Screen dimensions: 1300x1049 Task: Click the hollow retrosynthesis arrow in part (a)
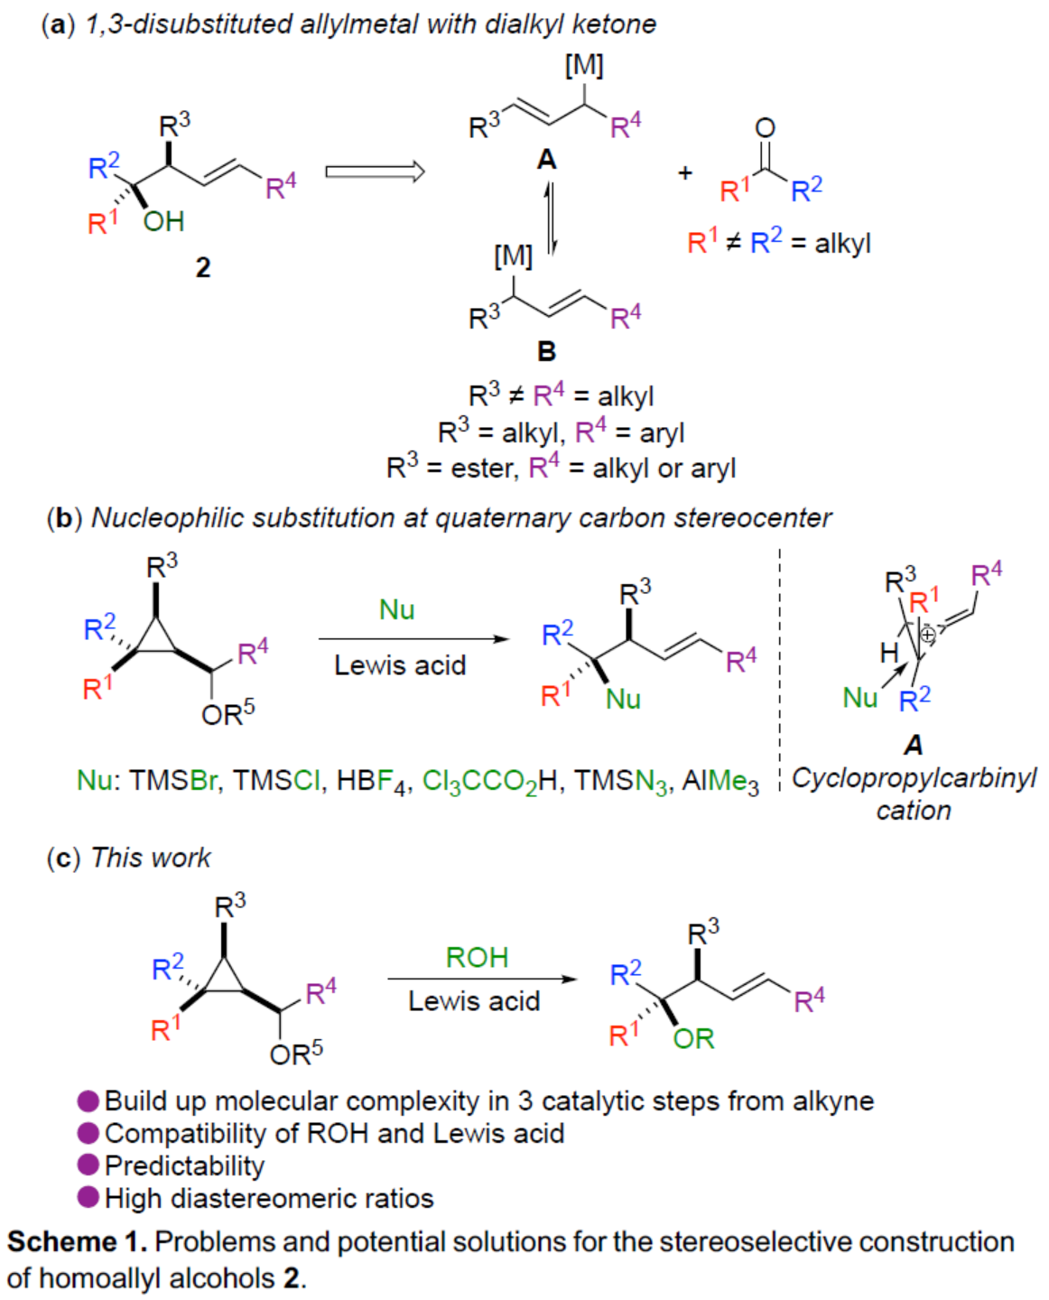coord(375,172)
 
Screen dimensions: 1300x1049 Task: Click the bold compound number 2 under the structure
coord(203,267)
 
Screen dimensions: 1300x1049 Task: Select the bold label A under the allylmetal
coord(547,160)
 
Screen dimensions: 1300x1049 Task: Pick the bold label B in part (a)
coord(547,350)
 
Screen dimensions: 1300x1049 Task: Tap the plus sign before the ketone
coord(685,172)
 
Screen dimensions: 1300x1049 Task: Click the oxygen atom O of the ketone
coord(765,128)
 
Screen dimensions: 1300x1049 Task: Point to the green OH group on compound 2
coord(163,221)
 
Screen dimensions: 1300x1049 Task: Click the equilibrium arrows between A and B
coord(548,219)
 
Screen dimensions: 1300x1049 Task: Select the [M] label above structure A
coord(584,65)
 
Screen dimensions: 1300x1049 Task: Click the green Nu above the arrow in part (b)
coord(397,609)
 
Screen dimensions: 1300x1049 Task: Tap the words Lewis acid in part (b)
coord(400,665)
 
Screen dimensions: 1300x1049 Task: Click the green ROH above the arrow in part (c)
coord(477,957)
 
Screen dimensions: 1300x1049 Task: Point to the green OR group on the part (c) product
coord(693,1038)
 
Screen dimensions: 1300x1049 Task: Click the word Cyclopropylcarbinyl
coord(914,778)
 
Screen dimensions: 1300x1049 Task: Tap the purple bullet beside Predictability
coord(88,1165)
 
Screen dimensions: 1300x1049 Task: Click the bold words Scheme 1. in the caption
coord(77,1241)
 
